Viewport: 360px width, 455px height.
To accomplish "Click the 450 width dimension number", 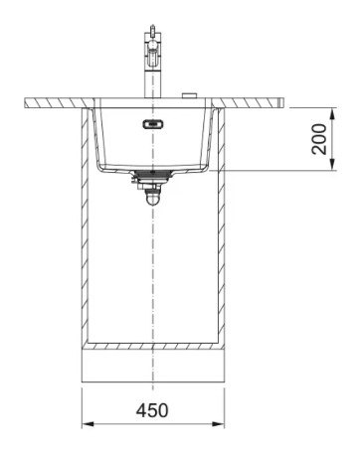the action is pos(152,410).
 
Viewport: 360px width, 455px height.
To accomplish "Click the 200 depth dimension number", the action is pos(319,139).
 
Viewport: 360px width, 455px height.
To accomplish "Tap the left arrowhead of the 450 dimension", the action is pos(88,424).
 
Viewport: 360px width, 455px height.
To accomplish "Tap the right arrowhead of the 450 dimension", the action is pos(218,424).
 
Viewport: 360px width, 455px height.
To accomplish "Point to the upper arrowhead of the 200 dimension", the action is pos(333,113).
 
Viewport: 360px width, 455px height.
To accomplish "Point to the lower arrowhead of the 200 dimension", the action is pos(333,165).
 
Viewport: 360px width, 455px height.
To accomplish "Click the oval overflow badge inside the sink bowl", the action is pos(153,124).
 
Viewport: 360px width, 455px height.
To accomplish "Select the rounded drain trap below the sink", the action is pos(152,198).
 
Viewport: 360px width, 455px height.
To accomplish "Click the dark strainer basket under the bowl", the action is pos(152,174).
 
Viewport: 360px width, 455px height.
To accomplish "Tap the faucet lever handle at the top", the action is pos(152,31).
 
